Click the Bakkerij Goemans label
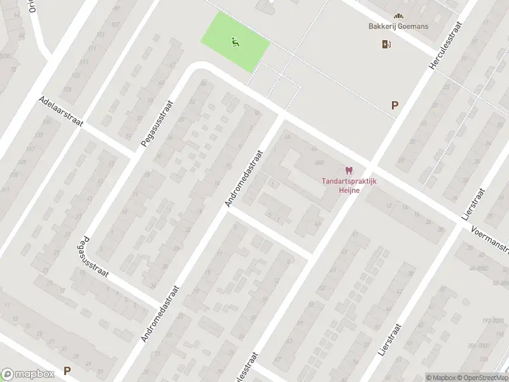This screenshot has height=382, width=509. tap(398, 27)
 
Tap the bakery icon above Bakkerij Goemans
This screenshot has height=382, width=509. tap(399, 15)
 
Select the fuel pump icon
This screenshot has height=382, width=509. tap(386, 44)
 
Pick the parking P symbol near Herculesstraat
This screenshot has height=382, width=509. tap(395, 106)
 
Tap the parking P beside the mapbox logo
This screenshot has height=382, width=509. tap(67, 371)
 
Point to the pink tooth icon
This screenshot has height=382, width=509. tap(347, 170)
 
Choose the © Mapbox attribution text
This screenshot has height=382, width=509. tap(441, 378)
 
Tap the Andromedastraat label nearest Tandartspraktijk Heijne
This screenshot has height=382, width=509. tap(244, 178)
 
